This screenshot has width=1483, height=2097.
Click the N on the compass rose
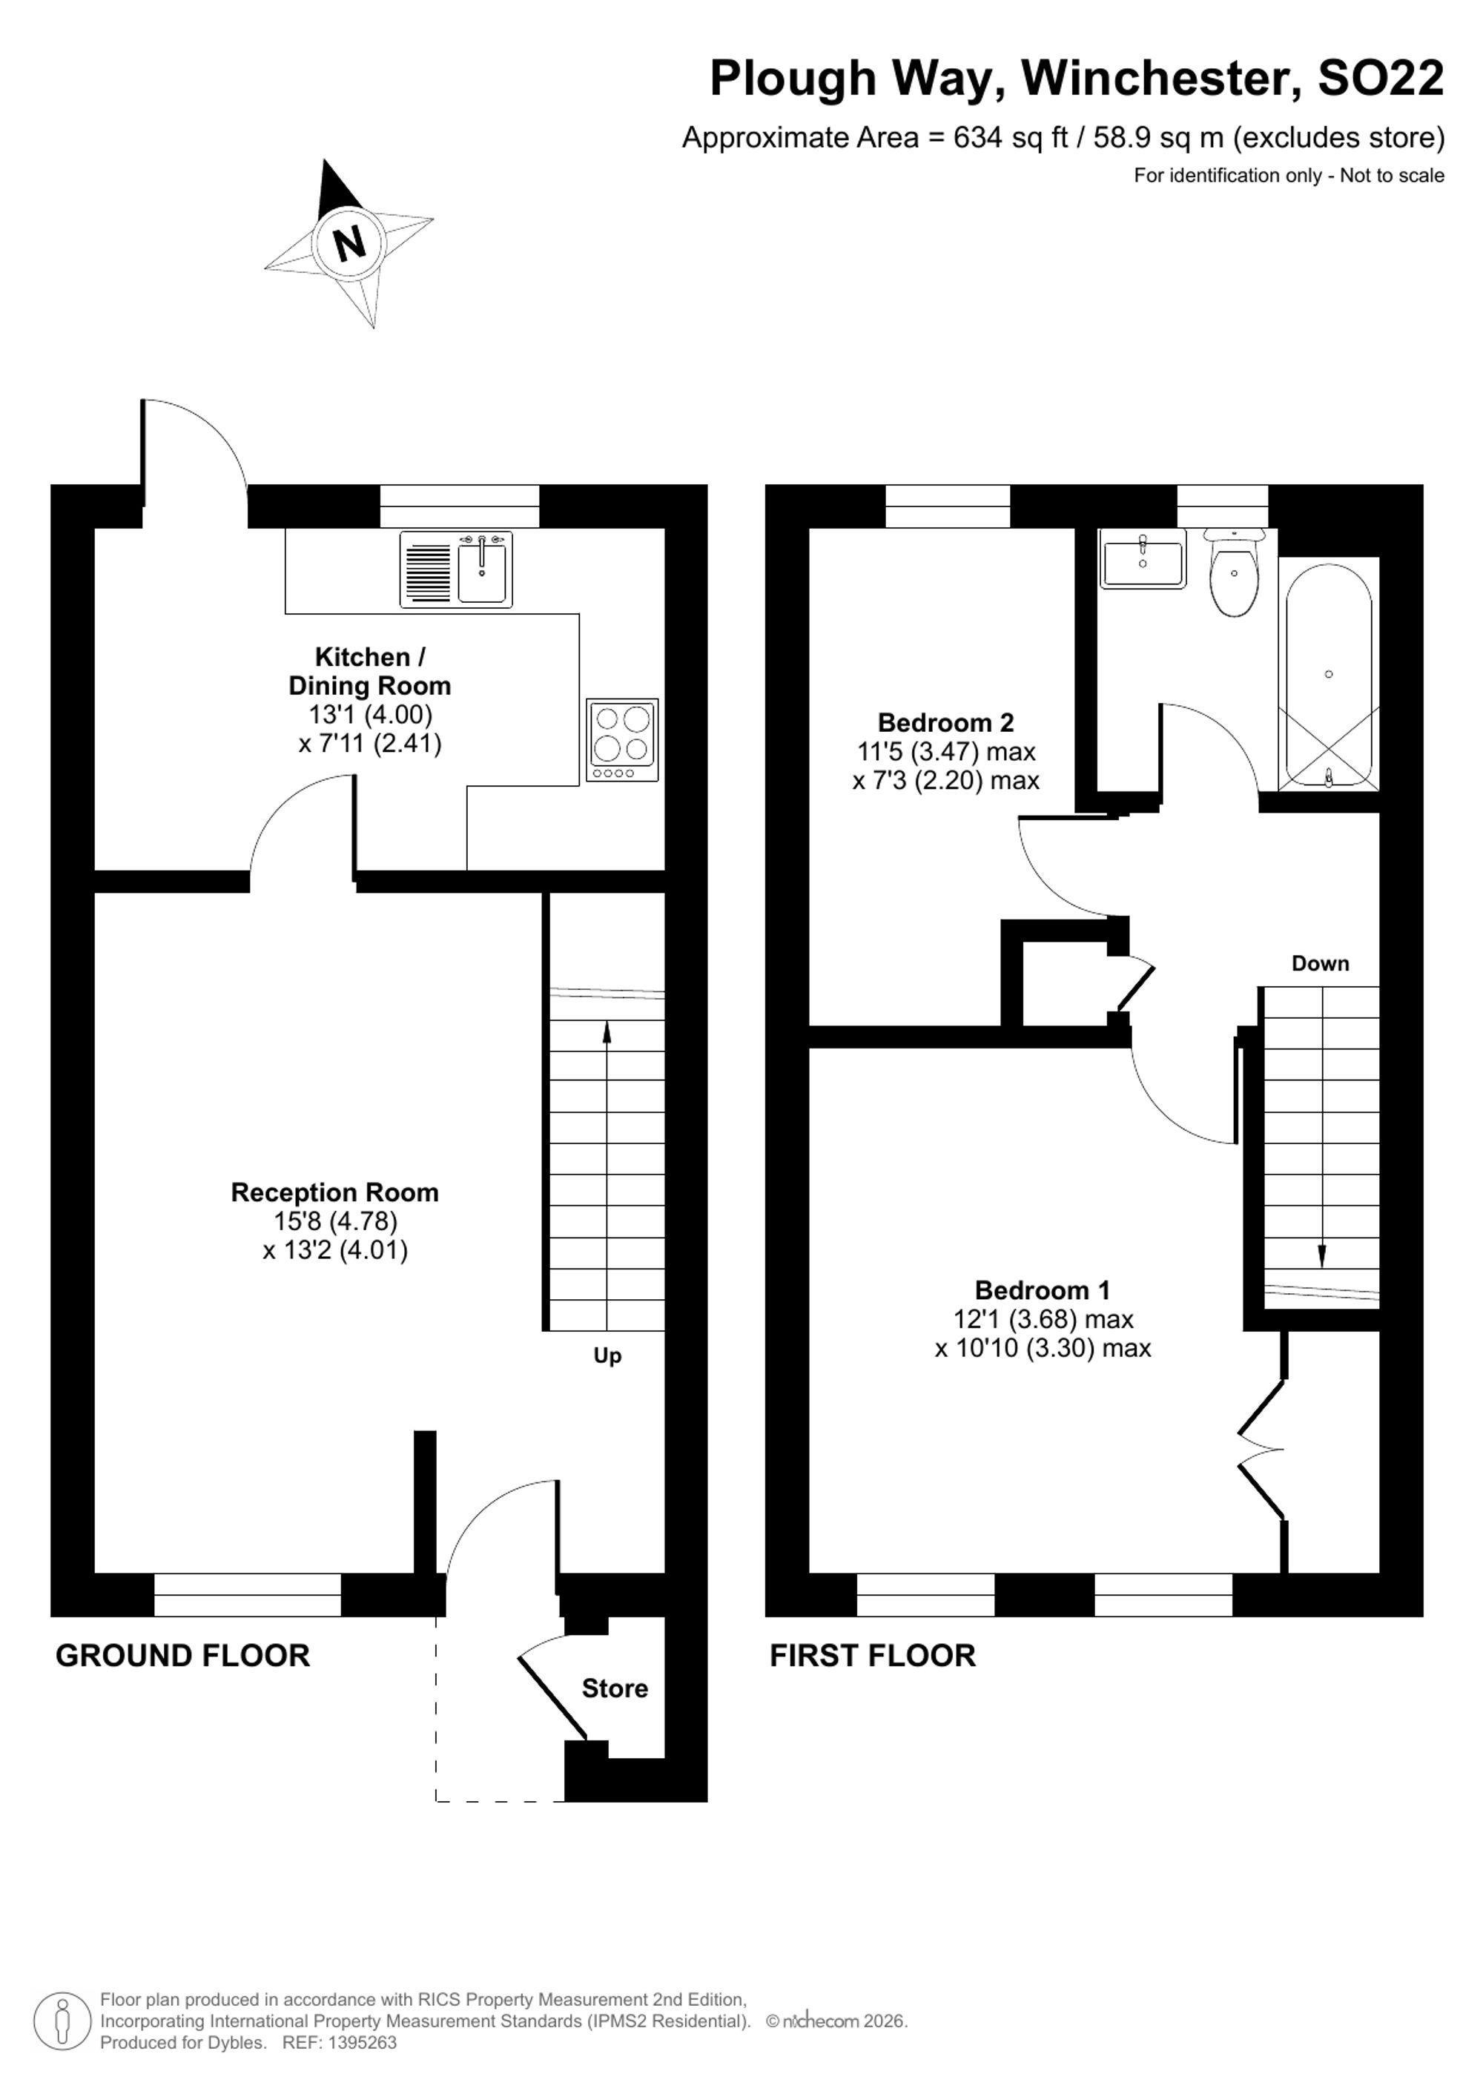[x=349, y=243]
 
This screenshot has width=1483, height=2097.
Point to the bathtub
[x=1329, y=676]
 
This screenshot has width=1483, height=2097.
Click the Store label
[x=615, y=1688]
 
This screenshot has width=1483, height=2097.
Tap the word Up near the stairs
[x=607, y=1356]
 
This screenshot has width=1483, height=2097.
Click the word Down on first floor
[x=1320, y=962]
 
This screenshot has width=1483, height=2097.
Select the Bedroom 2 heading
[x=945, y=722]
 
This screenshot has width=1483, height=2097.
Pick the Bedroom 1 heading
[x=1042, y=1289]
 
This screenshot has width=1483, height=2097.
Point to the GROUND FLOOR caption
[x=182, y=1655]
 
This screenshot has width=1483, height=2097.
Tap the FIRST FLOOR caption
[x=872, y=1655]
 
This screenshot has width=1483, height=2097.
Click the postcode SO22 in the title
[x=1381, y=78]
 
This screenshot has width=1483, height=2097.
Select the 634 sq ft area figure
[x=1011, y=138]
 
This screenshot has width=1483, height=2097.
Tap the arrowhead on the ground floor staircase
[x=607, y=1031]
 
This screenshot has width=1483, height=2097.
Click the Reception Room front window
[x=248, y=1595]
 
